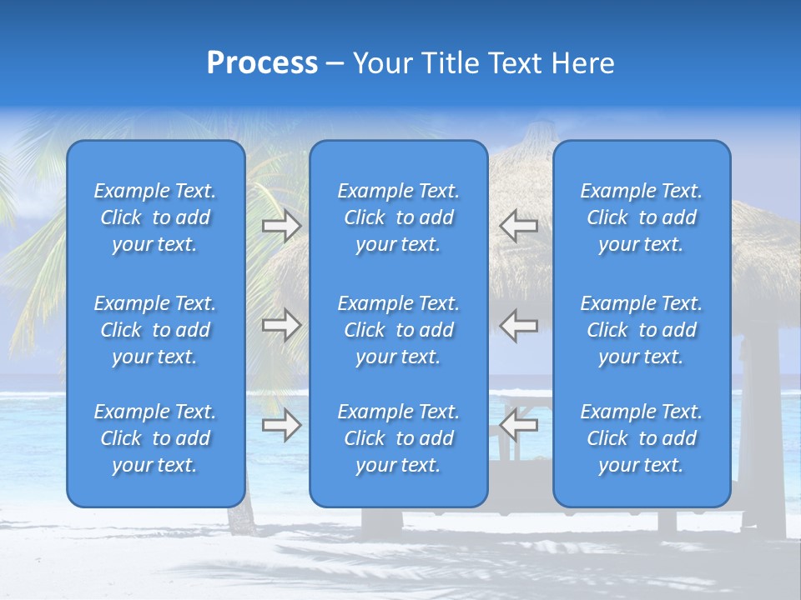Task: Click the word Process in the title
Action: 262,63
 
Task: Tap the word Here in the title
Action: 582,63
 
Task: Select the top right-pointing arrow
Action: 282,226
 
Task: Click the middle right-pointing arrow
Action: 282,325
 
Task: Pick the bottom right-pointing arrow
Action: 282,425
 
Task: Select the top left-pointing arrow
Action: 519,226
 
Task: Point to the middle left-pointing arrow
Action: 519,325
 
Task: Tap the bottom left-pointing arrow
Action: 519,425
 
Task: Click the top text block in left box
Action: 155,217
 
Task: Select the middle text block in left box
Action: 155,330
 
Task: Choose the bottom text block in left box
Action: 155,438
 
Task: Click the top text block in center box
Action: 399,217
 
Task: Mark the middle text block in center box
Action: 399,330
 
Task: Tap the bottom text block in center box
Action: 399,438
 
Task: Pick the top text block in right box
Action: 642,217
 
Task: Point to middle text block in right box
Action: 642,330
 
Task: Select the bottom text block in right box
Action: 642,438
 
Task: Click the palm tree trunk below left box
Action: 240,521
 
